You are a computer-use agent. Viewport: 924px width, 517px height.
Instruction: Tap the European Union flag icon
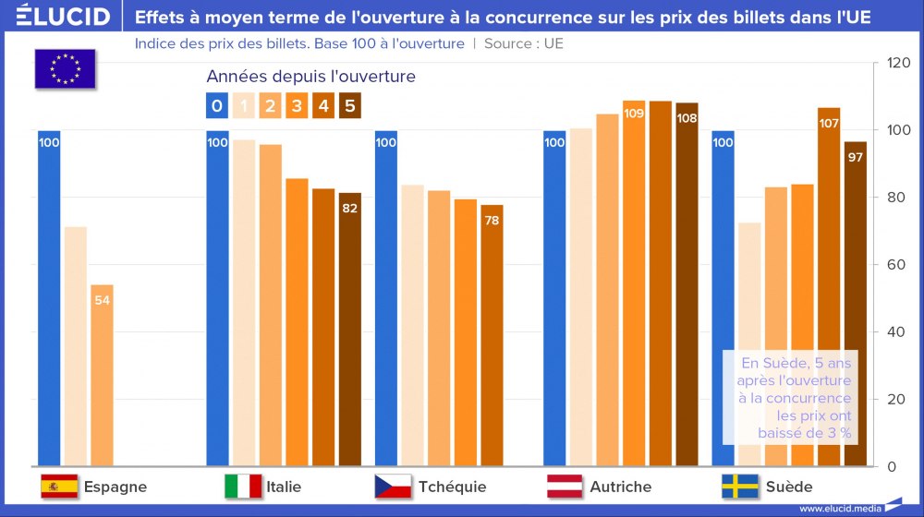(65, 68)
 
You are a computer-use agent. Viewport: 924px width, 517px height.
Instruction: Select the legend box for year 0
(216, 106)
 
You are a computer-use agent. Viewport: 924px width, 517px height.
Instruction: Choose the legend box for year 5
(349, 106)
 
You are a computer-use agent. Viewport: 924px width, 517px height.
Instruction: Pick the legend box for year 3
(297, 106)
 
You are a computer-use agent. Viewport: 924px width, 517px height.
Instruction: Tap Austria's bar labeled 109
(634, 282)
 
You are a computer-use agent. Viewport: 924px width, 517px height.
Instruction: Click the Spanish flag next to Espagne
(59, 487)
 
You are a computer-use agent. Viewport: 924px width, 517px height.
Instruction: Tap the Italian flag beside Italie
(243, 487)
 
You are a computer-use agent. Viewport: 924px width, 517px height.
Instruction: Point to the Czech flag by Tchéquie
(393, 487)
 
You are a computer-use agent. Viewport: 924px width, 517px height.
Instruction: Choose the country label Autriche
(620, 487)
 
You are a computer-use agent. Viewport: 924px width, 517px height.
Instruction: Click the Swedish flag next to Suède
(740, 487)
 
